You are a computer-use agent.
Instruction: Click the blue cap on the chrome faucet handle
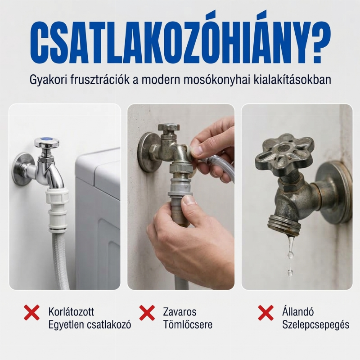tap(47, 139)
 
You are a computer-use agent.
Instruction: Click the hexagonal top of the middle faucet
tap(168, 128)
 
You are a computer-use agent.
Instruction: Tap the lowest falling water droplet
tap(290, 273)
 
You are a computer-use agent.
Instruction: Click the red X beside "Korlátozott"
tap(31, 312)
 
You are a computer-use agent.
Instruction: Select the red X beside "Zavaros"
tap(147, 312)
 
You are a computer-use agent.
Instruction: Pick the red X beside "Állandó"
tap(266, 312)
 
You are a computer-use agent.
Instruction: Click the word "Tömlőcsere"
tap(188, 324)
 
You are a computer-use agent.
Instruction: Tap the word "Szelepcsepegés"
tap(316, 325)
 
